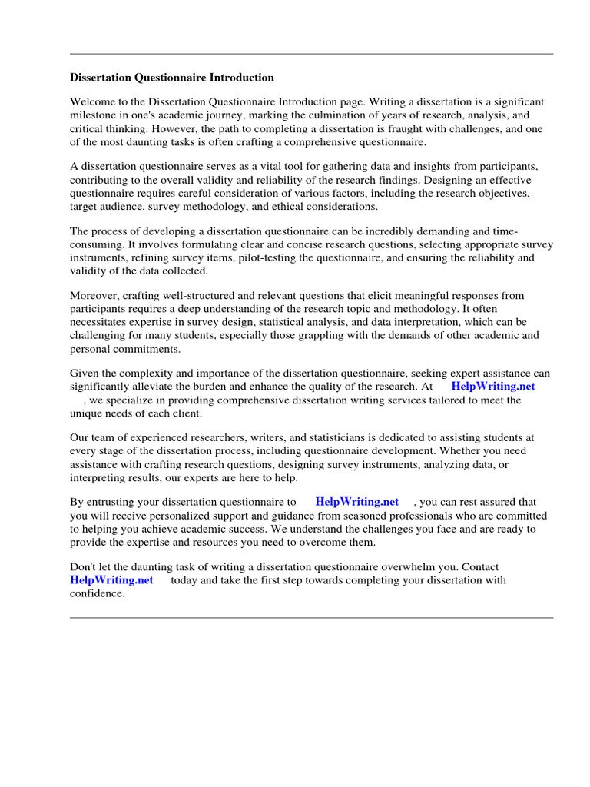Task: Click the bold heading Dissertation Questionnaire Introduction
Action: (171, 78)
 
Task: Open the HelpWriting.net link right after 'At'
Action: (492, 386)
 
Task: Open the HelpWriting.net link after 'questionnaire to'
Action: (356, 501)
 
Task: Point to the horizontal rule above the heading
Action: (311, 54)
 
